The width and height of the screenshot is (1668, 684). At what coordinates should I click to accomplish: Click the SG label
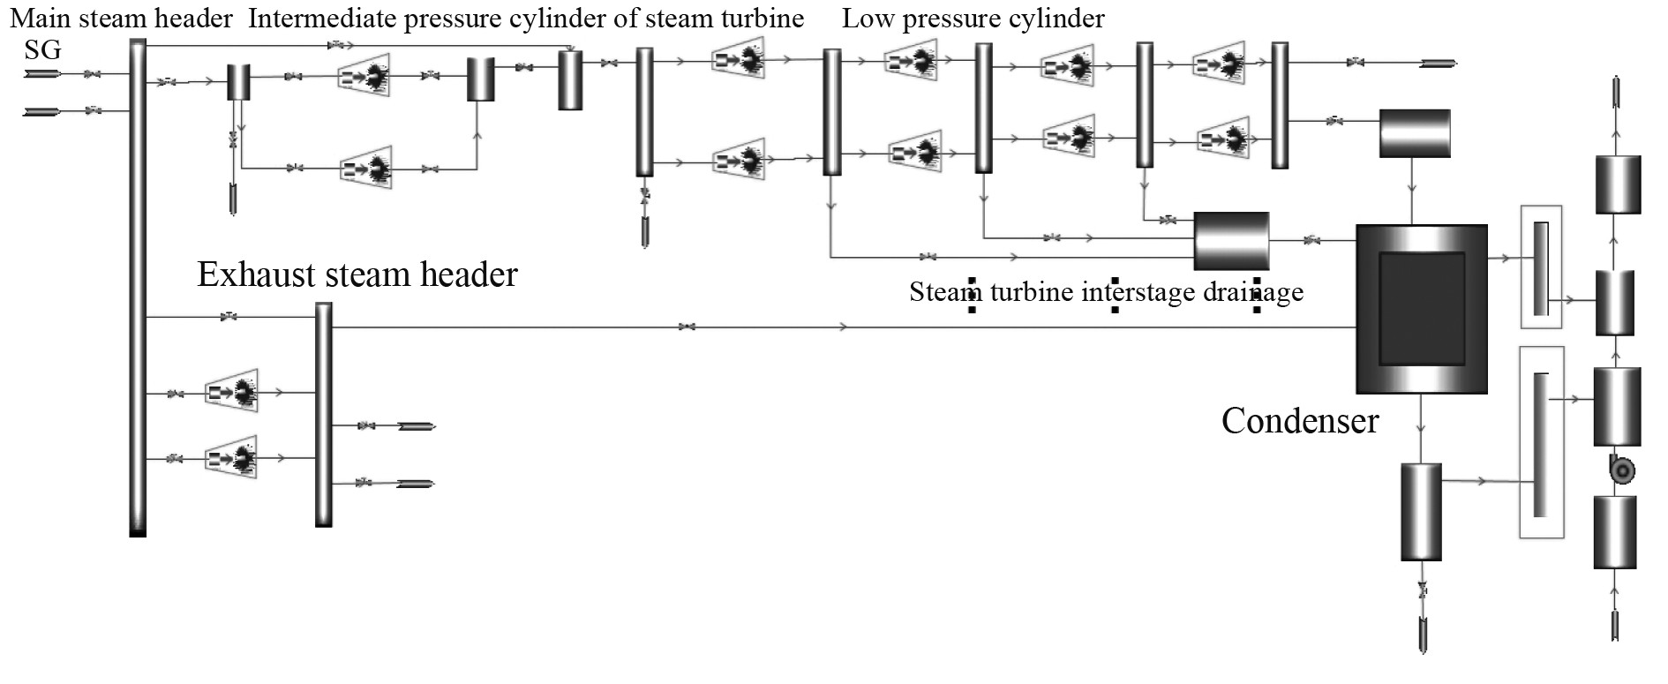[42, 50]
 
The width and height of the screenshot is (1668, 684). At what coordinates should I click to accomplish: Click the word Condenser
[1299, 421]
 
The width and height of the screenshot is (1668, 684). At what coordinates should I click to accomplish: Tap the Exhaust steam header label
[357, 274]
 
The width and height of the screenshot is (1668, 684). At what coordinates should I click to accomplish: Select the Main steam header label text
[121, 19]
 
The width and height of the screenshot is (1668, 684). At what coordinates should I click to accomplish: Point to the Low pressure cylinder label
[973, 19]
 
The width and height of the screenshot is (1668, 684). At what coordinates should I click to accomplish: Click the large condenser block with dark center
[1421, 309]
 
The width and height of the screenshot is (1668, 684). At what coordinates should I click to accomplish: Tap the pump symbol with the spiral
[1621, 470]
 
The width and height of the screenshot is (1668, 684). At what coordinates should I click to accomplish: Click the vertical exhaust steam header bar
[324, 415]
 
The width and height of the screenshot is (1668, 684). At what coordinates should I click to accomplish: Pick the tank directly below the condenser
[1421, 512]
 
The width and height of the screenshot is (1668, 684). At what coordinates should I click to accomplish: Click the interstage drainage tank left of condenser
[1231, 240]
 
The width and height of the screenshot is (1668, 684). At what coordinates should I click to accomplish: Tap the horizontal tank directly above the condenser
[1415, 133]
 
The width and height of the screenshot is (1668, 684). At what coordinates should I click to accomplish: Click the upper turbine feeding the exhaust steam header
[232, 391]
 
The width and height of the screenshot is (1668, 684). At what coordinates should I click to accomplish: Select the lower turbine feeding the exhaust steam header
[232, 457]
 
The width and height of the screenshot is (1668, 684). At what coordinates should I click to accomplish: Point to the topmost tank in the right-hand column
[1618, 184]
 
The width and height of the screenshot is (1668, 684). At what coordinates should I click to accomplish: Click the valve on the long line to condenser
[687, 327]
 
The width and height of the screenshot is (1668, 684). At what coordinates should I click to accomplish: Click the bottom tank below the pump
[1615, 531]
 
